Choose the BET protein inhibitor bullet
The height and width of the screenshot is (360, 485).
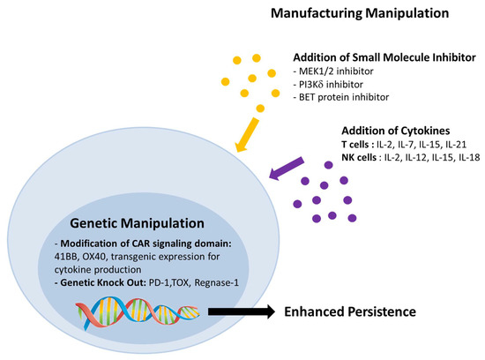point(340,97)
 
